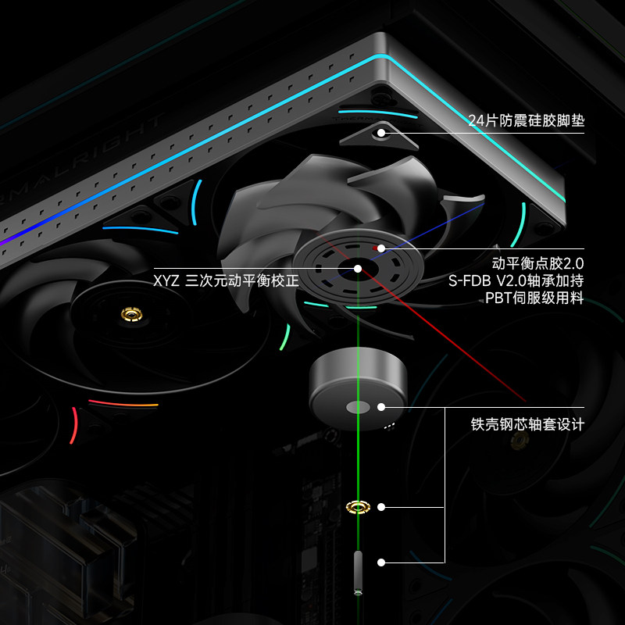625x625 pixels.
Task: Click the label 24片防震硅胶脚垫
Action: click(526, 121)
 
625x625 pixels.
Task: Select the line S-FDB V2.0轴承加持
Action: click(516, 280)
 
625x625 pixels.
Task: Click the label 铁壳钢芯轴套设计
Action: click(527, 425)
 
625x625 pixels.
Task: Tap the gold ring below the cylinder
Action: click(358, 507)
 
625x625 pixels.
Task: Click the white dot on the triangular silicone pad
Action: click(381, 133)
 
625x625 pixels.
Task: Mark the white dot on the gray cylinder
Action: click(381, 406)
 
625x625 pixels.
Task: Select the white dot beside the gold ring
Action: click(381, 507)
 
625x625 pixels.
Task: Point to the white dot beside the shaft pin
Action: click(381, 562)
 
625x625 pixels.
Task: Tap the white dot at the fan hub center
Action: click(358, 269)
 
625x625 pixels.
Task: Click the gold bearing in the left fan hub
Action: click(130, 315)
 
